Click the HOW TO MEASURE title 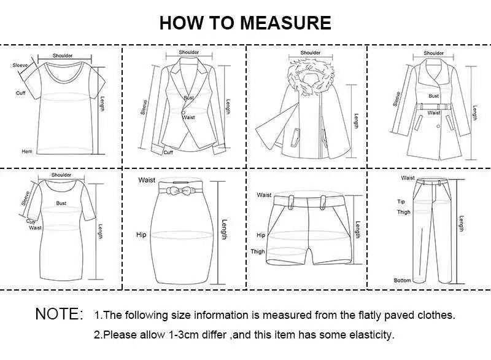(x=245, y=23)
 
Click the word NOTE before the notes (x=59, y=314)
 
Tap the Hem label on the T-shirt (x=26, y=151)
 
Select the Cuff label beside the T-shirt (x=20, y=93)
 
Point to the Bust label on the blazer (x=188, y=98)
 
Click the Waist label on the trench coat (x=434, y=113)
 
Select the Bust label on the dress (x=61, y=203)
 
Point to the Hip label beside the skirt (x=141, y=234)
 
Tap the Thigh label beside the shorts (x=257, y=251)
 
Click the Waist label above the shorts (x=264, y=195)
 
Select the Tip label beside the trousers (x=401, y=202)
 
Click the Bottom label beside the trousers (x=403, y=280)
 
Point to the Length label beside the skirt (x=225, y=230)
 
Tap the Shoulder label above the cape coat (x=311, y=53)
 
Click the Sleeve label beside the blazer (x=145, y=107)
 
